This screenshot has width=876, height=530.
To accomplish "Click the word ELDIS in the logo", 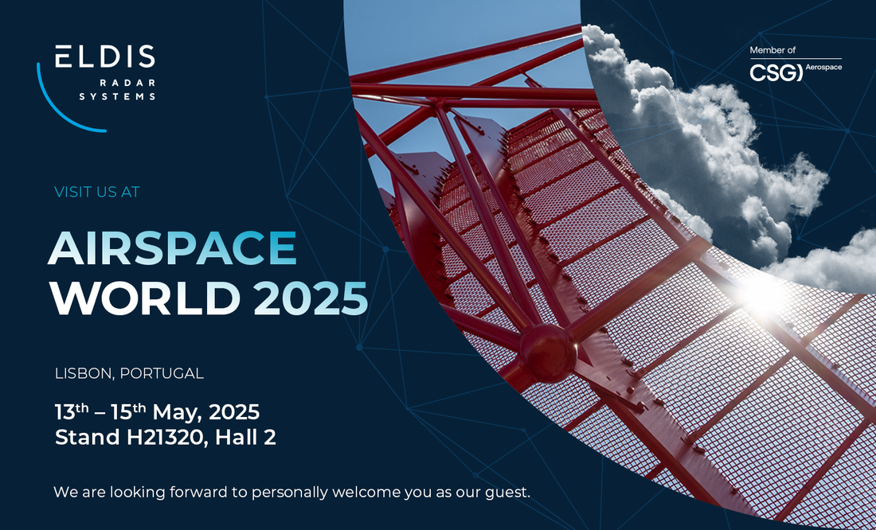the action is (105, 57).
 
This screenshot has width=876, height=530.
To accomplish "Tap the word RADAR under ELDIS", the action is (127, 84).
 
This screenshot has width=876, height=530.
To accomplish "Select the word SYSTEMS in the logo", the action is (117, 96).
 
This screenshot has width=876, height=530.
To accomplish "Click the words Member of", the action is (772, 50).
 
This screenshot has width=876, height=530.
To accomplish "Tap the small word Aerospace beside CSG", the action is (824, 67).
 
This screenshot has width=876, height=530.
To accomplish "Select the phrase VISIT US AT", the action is (97, 192).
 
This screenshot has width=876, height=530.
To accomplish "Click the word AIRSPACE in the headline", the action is (173, 248).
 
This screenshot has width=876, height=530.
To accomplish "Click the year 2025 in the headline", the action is (311, 298).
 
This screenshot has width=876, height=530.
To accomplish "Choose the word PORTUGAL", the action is (162, 373).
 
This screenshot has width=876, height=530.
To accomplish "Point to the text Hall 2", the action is (246, 438).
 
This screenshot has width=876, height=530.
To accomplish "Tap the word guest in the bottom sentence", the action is (507, 493).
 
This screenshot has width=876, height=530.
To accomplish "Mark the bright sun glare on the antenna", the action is (765, 292).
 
